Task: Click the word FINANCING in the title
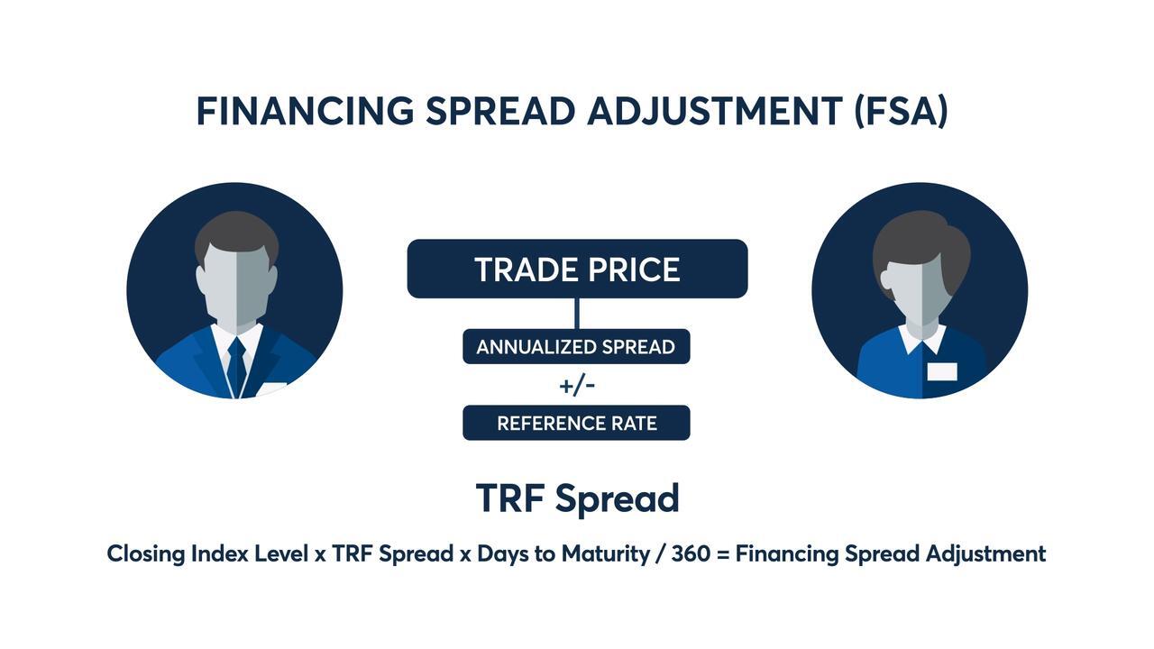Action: tap(305, 111)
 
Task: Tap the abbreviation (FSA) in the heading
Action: tap(901, 112)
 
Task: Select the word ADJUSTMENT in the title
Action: tap(715, 111)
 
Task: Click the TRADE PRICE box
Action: tap(577, 269)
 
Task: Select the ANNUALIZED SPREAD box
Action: tap(576, 347)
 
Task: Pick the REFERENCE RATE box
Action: tap(576, 423)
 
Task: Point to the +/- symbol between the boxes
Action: tap(577, 385)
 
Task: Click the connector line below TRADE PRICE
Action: tap(576, 313)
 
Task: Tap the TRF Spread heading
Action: tap(578, 498)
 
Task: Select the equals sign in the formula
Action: tap(723, 554)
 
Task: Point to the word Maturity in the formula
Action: tap(605, 554)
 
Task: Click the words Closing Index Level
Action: tap(207, 554)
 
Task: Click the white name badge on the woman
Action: tap(942, 371)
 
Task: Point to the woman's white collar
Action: tap(921, 338)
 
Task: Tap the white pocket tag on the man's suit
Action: tap(271, 388)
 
